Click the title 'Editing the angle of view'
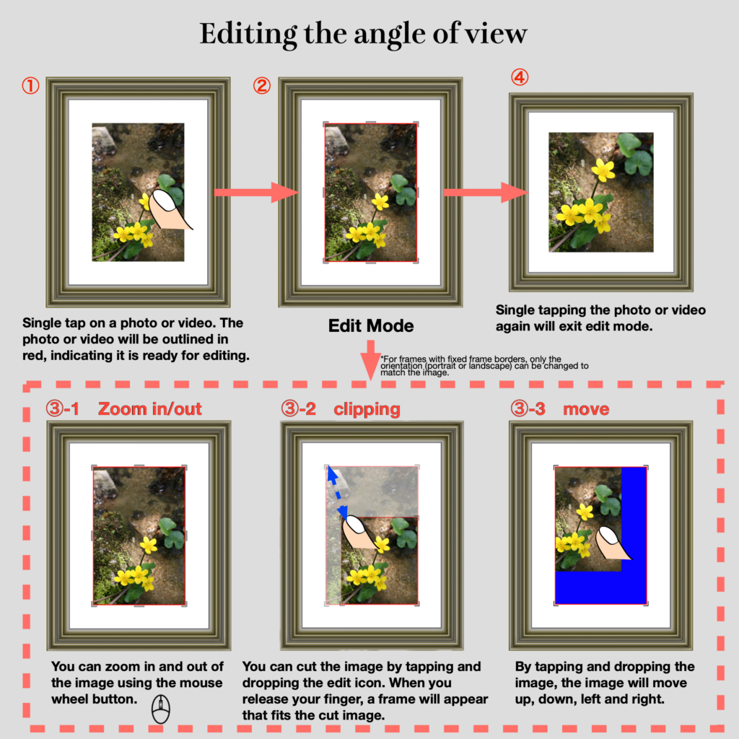[363, 34]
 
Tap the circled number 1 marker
[30, 86]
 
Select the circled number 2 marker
[261, 86]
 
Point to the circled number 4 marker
[520, 76]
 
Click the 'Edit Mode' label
[371, 325]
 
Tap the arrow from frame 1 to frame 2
[256, 192]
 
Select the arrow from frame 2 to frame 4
[486, 192]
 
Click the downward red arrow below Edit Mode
[371, 359]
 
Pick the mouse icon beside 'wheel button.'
[161, 709]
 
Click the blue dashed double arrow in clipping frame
[338, 492]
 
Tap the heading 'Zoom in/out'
[150, 408]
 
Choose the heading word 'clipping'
[367, 410]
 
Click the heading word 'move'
[586, 409]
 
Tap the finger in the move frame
[613, 543]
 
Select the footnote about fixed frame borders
[484, 366]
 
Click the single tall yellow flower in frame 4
[603, 170]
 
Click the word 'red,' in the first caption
[35, 356]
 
